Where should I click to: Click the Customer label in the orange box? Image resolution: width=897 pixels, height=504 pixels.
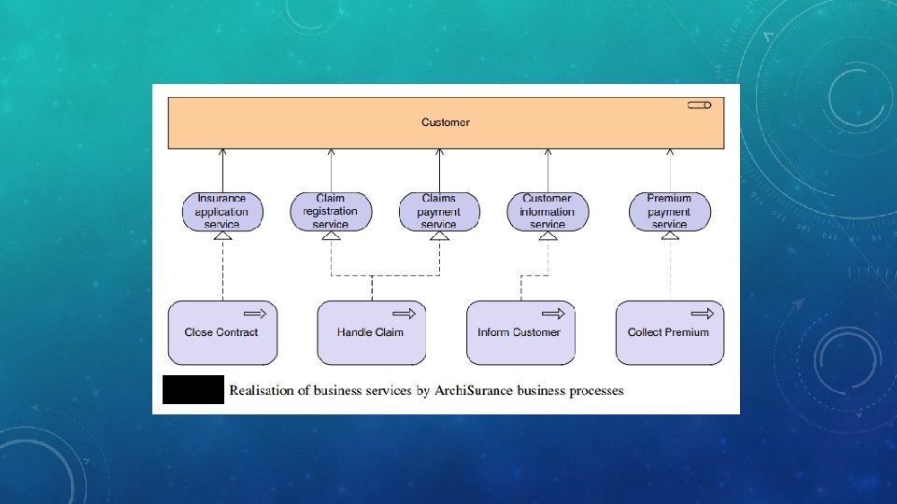pos(446,122)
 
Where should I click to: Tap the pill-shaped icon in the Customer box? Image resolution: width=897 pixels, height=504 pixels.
pos(699,105)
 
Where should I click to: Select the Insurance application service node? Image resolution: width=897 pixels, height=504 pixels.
pos(222,212)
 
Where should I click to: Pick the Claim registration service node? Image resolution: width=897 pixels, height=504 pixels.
pos(331,212)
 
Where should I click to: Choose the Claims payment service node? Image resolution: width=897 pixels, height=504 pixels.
pos(439,212)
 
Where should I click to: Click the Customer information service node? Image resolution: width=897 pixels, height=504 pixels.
pos(548,212)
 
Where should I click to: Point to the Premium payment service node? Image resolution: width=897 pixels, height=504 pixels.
pos(670,212)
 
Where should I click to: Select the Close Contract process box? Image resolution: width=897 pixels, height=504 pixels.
pos(222,332)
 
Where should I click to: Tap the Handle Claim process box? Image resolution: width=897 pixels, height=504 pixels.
pos(372,332)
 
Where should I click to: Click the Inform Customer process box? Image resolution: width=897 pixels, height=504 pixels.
pos(520,332)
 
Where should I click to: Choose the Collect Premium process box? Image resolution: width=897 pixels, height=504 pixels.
pos(670,332)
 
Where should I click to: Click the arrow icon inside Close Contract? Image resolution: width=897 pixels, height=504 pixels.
pos(255,314)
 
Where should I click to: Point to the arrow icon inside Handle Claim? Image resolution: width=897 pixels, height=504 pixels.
pos(404,314)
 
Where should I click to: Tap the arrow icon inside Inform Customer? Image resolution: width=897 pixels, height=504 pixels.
pos(553,314)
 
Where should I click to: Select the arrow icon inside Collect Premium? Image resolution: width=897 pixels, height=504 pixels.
pos(703,314)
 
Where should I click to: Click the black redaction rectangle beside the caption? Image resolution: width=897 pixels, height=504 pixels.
pos(193,390)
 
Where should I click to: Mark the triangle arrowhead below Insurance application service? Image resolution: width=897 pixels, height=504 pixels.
pos(222,235)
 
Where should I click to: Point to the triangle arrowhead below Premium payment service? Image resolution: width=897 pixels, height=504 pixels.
pos(670,235)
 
